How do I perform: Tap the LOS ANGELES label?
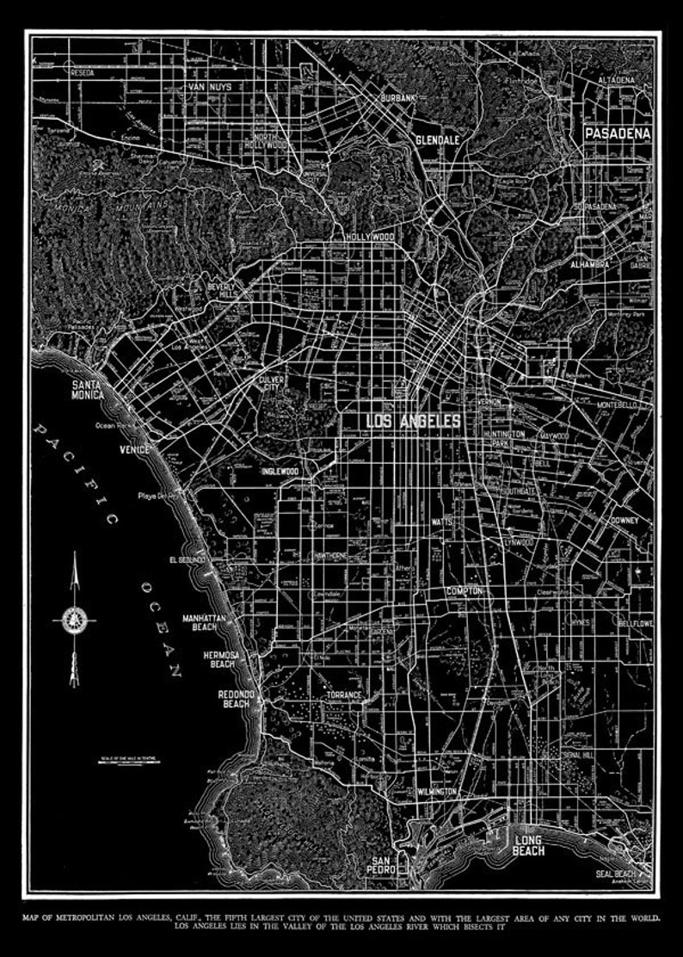coord(414,421)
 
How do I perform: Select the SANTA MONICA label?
coord(88,390)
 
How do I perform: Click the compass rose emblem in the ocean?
coord(73,617)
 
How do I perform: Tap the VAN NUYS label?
coord(211,88)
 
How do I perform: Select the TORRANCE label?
coord(343,695)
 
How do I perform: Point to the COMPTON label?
coord(464,591)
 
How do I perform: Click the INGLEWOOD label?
coord(280,472)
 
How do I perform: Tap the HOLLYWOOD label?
coord(370,236)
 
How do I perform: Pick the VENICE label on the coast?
coord(135,450)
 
